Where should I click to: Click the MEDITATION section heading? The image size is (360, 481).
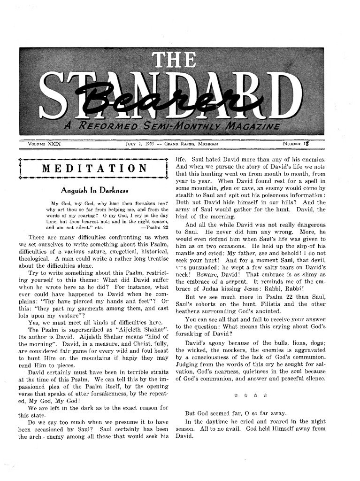click(94, 169)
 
